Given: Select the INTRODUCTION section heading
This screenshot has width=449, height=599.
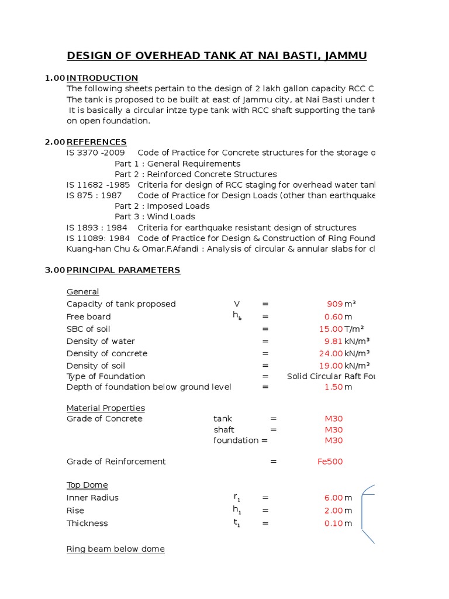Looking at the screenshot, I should click(102, 78).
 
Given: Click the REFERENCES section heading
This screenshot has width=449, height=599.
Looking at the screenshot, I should click(96, 142).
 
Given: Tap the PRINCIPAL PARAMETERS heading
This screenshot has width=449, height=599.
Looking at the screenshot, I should click(123, 270).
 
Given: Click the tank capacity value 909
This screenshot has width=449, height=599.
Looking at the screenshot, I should click(334, 304).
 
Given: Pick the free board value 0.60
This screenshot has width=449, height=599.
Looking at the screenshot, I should click(333, 317).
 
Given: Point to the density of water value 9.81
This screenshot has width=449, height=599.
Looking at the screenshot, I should click(333, 341).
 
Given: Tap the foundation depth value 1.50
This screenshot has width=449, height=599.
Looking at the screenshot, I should click(333, 387).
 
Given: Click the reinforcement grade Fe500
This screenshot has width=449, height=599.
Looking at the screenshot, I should click(330, 462).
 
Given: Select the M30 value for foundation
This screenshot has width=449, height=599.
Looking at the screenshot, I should click(334, 440).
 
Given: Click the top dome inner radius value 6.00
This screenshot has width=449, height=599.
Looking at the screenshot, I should click(333, 498).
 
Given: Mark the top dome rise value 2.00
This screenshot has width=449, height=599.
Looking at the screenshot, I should click(333, 511).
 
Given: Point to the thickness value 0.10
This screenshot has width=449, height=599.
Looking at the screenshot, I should click(333, 524).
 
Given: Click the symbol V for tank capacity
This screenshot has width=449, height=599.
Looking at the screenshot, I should click(237, 304).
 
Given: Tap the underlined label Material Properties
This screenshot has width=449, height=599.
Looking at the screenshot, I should click(106, 408).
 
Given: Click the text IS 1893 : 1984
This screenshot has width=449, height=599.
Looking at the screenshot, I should click(97, 228).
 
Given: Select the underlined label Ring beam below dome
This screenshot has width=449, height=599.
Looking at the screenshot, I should click(116, 549).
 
